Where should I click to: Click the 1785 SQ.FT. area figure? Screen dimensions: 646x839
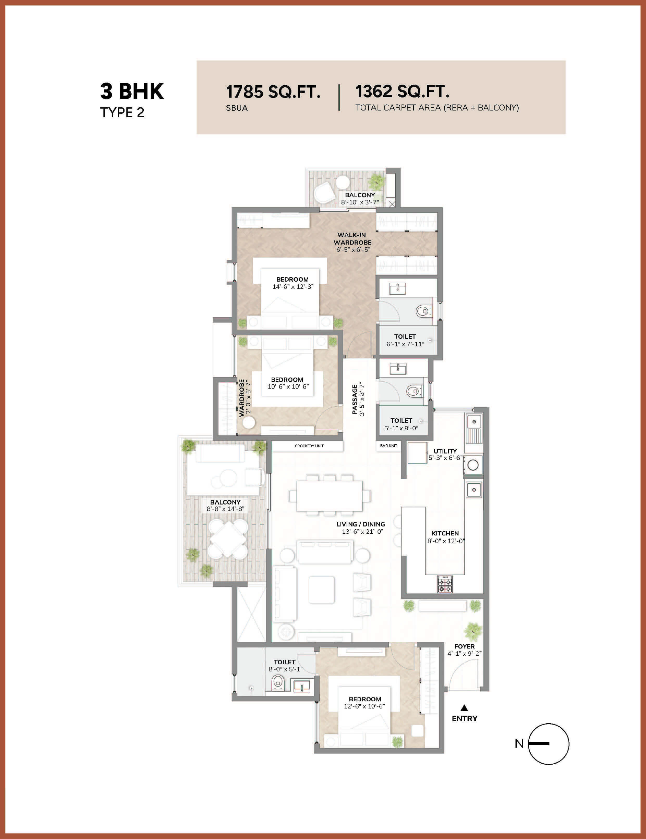click(x=273, y=92)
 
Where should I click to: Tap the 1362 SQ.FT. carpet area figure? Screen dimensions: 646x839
click(x=402, y=91)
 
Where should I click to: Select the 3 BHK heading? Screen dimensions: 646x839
click(x=132, y=91)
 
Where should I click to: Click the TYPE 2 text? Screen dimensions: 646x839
click(x=122, y=113)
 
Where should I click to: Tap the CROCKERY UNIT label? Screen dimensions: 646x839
click(x=309, y=446)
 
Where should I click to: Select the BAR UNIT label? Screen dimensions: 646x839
click(x=388, y=446)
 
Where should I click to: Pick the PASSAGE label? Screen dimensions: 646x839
click(x=355, y=399)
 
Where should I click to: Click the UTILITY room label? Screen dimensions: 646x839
click(x=445, y=451)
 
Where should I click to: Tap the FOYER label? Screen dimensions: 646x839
click(x=464, y=646)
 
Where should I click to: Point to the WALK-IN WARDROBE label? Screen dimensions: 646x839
click(x=352, y=238)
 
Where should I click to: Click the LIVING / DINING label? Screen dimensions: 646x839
click(x=361, y=524)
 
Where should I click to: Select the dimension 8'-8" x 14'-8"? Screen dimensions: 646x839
click(x=225, y=509)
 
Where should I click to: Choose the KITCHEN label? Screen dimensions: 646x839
click(x=445, y=533)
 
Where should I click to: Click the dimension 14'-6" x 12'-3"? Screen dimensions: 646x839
click(x=293, y=287)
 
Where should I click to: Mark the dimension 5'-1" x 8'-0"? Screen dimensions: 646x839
click(x=401, y=428)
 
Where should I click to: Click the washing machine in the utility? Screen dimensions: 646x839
click(x=473, y=465)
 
